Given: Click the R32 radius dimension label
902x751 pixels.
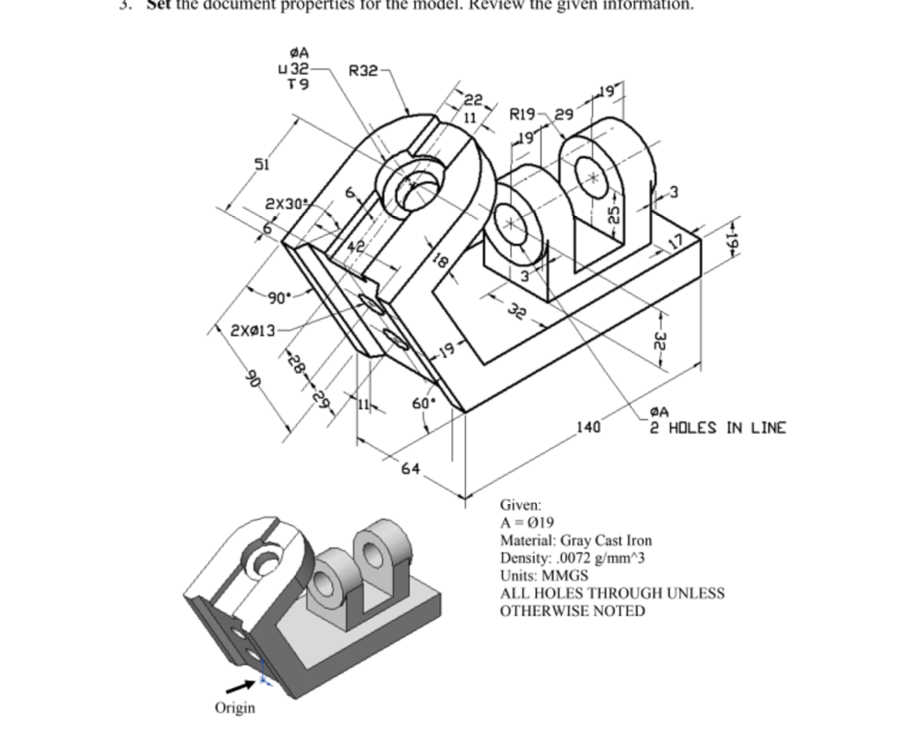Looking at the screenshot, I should coord(363,70).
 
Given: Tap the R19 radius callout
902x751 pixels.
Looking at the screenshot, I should coord(524,114).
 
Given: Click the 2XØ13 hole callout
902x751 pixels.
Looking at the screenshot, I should coord(253,331).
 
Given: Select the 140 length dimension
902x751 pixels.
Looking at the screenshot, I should coord(588,428).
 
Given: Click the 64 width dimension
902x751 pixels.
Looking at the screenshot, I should coord(410,468).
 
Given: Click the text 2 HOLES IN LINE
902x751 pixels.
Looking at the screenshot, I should coord(718,428).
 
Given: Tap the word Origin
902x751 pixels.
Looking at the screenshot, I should coord(235,708).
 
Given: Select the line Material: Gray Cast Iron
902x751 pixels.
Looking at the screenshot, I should coord(576,540).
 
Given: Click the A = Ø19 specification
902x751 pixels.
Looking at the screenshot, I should coord(527,523).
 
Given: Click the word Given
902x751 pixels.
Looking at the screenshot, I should coord(521,505).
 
